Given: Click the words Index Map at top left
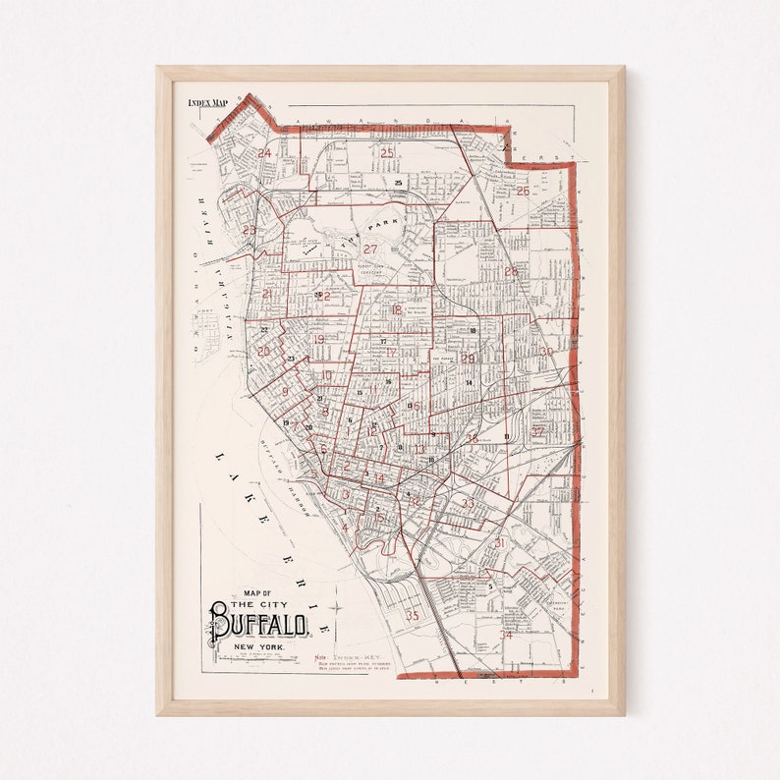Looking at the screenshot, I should [x=207, y=102].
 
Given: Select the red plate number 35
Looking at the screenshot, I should [x=413, y=616].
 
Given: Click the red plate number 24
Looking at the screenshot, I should [x=264, y=153].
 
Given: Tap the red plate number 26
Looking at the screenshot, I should [x=523, y=192].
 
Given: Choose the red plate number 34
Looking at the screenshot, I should [x=507, y=635].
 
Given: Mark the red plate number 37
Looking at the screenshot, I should [x=537, y=431].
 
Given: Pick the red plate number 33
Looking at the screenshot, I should [x=468, y=504].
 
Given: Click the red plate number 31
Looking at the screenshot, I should [x=499, y=543].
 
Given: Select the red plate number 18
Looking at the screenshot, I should [x=397, y=310].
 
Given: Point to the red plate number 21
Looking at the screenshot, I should [x=267, y=294].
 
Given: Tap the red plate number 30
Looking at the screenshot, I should [x=545, y=351].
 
